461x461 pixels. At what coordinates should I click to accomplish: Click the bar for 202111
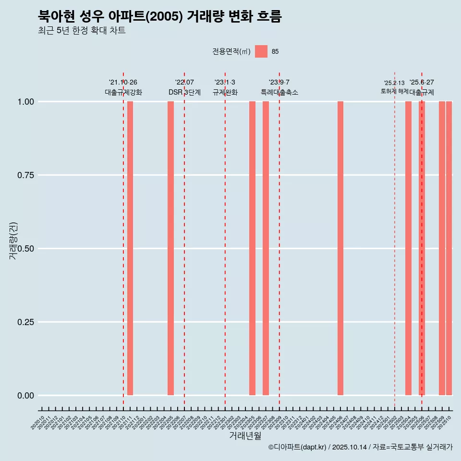coord(130,248)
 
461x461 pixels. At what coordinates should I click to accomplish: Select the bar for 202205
coord(170,248)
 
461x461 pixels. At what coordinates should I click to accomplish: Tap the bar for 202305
coord(252,248)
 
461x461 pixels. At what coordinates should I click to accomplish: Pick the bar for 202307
coord(266,248)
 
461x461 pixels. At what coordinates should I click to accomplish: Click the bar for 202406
coord(340,248)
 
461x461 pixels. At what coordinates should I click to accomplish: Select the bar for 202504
coord(408,248)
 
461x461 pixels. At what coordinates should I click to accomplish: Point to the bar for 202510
coord(449,248)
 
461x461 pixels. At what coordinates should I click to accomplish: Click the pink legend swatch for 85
coord(261,51)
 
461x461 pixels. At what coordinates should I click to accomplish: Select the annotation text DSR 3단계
coord(184,92)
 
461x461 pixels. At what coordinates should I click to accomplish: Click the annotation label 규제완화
coord(225,92)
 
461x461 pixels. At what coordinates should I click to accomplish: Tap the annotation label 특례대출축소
coord(279,92)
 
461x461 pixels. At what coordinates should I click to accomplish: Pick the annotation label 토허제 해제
coord(394,91)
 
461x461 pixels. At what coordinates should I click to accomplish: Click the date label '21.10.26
coord(123,82)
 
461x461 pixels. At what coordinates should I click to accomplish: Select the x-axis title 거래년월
coord(245,436)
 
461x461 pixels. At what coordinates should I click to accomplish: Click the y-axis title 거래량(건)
coord(13,241)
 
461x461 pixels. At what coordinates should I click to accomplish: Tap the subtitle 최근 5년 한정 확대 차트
coord(82,31)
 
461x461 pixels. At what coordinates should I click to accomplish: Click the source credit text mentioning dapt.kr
coord(360,447)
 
